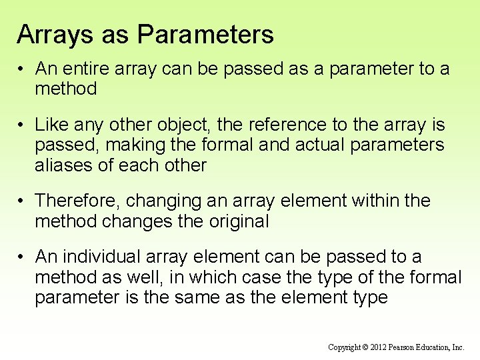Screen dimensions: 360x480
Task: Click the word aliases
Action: tap(65, 165)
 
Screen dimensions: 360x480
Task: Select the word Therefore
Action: tap(77, 201)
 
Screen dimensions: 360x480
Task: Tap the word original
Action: tap(234, 221)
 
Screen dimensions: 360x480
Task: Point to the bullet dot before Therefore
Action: tap(22, 201)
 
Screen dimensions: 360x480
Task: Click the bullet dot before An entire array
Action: tap(22, 69)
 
